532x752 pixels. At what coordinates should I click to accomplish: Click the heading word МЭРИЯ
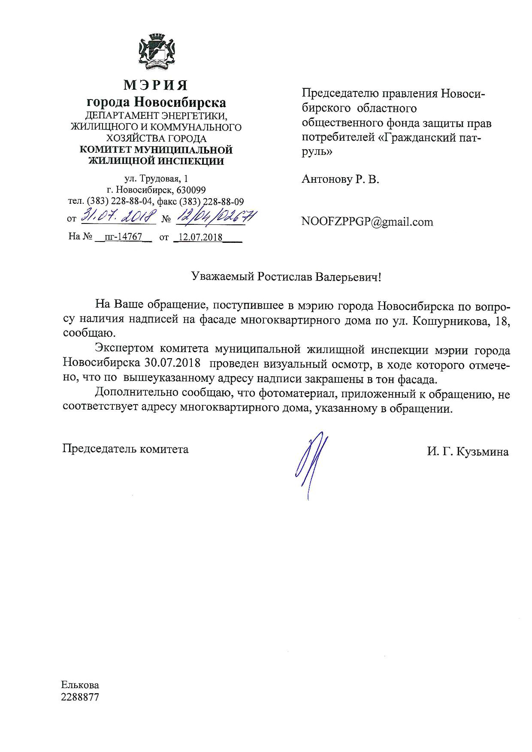tap(156, 85)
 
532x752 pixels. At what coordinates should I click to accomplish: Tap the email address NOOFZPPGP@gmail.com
tap(367, 222)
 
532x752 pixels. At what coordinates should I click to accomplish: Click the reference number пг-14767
tap(123, 236)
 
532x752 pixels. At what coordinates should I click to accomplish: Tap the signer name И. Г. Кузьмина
tap(468, 452)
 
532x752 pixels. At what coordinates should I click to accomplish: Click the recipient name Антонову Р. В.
tap(341, 179)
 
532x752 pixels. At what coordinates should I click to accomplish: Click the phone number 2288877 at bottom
tap(80, 697)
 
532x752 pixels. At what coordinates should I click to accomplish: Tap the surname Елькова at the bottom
tap(80, 685)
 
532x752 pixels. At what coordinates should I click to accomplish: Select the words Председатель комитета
tap(125, 449)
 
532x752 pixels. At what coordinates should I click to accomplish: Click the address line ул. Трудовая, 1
tap(156, 179)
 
